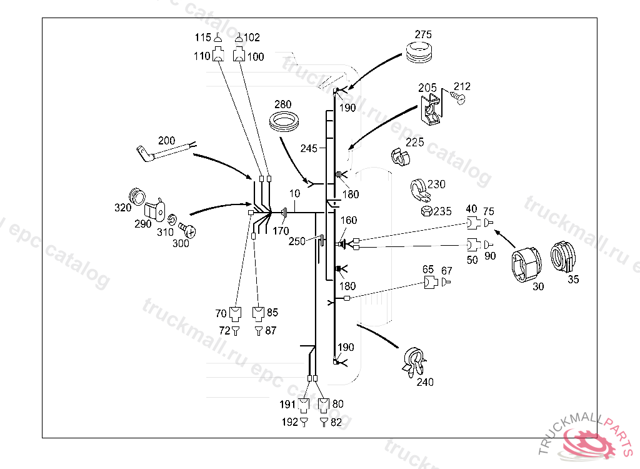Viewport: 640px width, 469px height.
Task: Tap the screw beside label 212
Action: point(460,99)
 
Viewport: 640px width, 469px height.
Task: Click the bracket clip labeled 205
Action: point(431,108)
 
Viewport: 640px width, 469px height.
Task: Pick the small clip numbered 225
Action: point(398,155)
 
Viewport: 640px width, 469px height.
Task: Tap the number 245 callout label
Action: point(309,149)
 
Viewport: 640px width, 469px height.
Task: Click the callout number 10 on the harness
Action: point(294,194)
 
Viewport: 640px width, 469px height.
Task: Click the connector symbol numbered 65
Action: point(429,282)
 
